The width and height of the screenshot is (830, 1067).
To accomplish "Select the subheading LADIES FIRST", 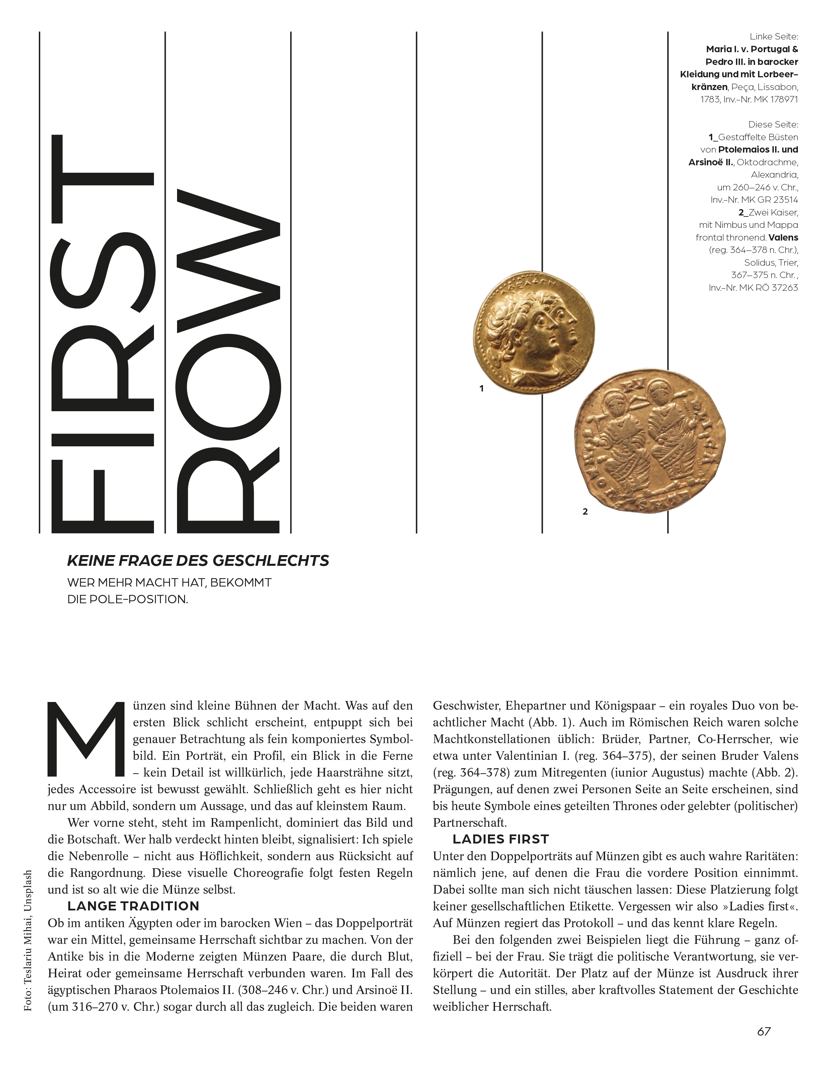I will [x=501, y=839].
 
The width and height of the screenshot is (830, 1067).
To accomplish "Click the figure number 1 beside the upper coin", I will [x=482, y=389].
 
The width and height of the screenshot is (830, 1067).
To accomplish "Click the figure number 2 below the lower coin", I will [x=585, y=512].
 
